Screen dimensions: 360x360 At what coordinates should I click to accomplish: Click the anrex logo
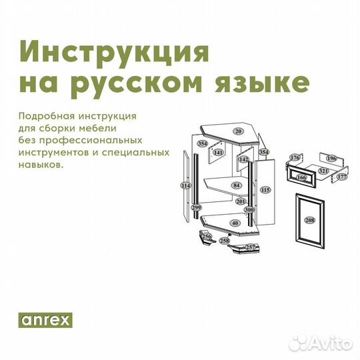(x=45, y=319)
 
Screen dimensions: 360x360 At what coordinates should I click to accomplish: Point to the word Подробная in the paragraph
(x=43, y=115)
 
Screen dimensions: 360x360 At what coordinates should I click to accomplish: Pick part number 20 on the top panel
(x=237, y=131)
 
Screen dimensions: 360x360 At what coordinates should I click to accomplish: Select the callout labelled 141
(x=218, y=153)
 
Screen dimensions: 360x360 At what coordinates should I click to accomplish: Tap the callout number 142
(x=244, y=159)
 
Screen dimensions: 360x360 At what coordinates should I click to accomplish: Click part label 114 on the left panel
(x=185, y=185)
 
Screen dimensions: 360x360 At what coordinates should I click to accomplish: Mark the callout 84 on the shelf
(x=236, y=185)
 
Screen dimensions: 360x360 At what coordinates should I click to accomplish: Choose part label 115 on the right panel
(x=265, y=190)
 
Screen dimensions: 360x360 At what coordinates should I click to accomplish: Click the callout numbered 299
(x=196, y=208)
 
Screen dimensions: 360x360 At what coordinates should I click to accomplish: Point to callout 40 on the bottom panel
(x=234, y=223)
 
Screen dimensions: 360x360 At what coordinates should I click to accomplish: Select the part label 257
(x=251, y=247)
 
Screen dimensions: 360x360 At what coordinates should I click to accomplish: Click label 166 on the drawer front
(x=301, y=178)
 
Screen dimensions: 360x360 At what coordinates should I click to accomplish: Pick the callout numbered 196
(x=331, y=158)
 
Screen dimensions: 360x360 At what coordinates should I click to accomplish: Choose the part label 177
(x=342, y=177)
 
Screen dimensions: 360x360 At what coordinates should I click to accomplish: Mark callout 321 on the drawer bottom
(x=323, y=171)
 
